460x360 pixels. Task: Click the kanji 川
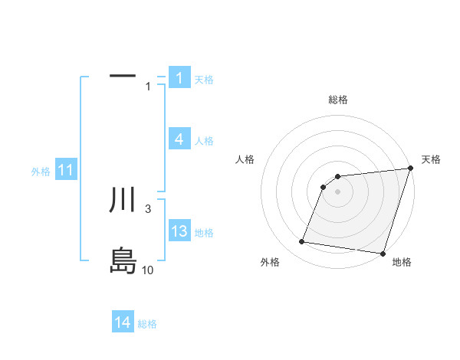click(x=123, y=200)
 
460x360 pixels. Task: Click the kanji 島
click(x=123, y=260)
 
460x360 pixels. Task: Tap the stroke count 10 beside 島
click(x=148, y=270)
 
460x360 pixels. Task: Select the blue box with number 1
click(x=179, y=78)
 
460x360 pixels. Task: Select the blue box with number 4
click(x=179, y=139)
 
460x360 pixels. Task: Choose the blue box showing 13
click(x=179, y=231)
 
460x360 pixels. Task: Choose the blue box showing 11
click(x=65, y=171)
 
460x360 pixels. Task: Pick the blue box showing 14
click(x=123, y=322)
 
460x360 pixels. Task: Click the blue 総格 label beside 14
click(x=147, y=324)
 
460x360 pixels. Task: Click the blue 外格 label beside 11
click(x=41, y=172)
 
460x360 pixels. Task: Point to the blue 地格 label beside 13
click(x=204, y=233)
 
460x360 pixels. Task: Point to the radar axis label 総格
click(x=338, y=100)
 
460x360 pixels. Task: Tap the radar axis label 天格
click(x=431, y=159)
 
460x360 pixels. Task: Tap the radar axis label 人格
click(x=245, y=159)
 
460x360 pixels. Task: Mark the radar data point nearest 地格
click(x=382, y=253)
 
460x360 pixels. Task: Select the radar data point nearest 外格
click(x=302, y=242)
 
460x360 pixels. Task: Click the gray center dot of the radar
click(x=338, y=191)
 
